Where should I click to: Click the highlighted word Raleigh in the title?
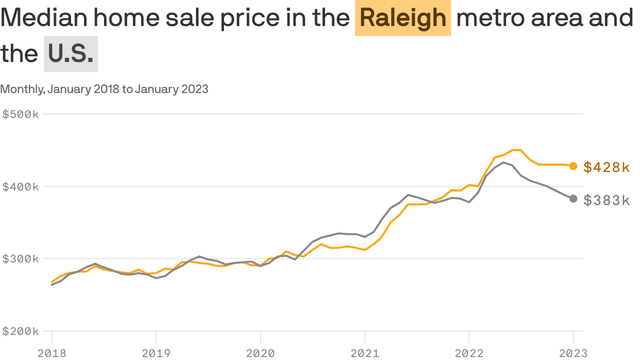[403, 18]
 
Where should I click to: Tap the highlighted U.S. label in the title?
[71, 54]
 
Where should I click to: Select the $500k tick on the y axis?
[20, 114]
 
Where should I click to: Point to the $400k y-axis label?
[20, 187]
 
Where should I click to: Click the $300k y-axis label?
[20, 259]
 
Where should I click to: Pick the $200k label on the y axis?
[20, 332]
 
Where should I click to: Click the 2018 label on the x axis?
[52, 352]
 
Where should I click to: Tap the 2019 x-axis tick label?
[156, 352]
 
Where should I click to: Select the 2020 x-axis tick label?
[260, 352]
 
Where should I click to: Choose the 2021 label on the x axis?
[365, 352]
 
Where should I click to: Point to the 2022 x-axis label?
[469, 352]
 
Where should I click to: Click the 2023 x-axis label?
[573, 352]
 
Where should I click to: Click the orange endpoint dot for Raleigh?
[573, 166]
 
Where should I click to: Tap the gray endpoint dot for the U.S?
[573, 199]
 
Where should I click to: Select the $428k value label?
[606, 167]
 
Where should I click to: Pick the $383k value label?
[606, 201]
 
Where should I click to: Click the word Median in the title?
[43, 18]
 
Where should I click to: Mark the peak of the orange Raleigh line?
[516, 150]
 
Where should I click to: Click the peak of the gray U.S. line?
[503, 163]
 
